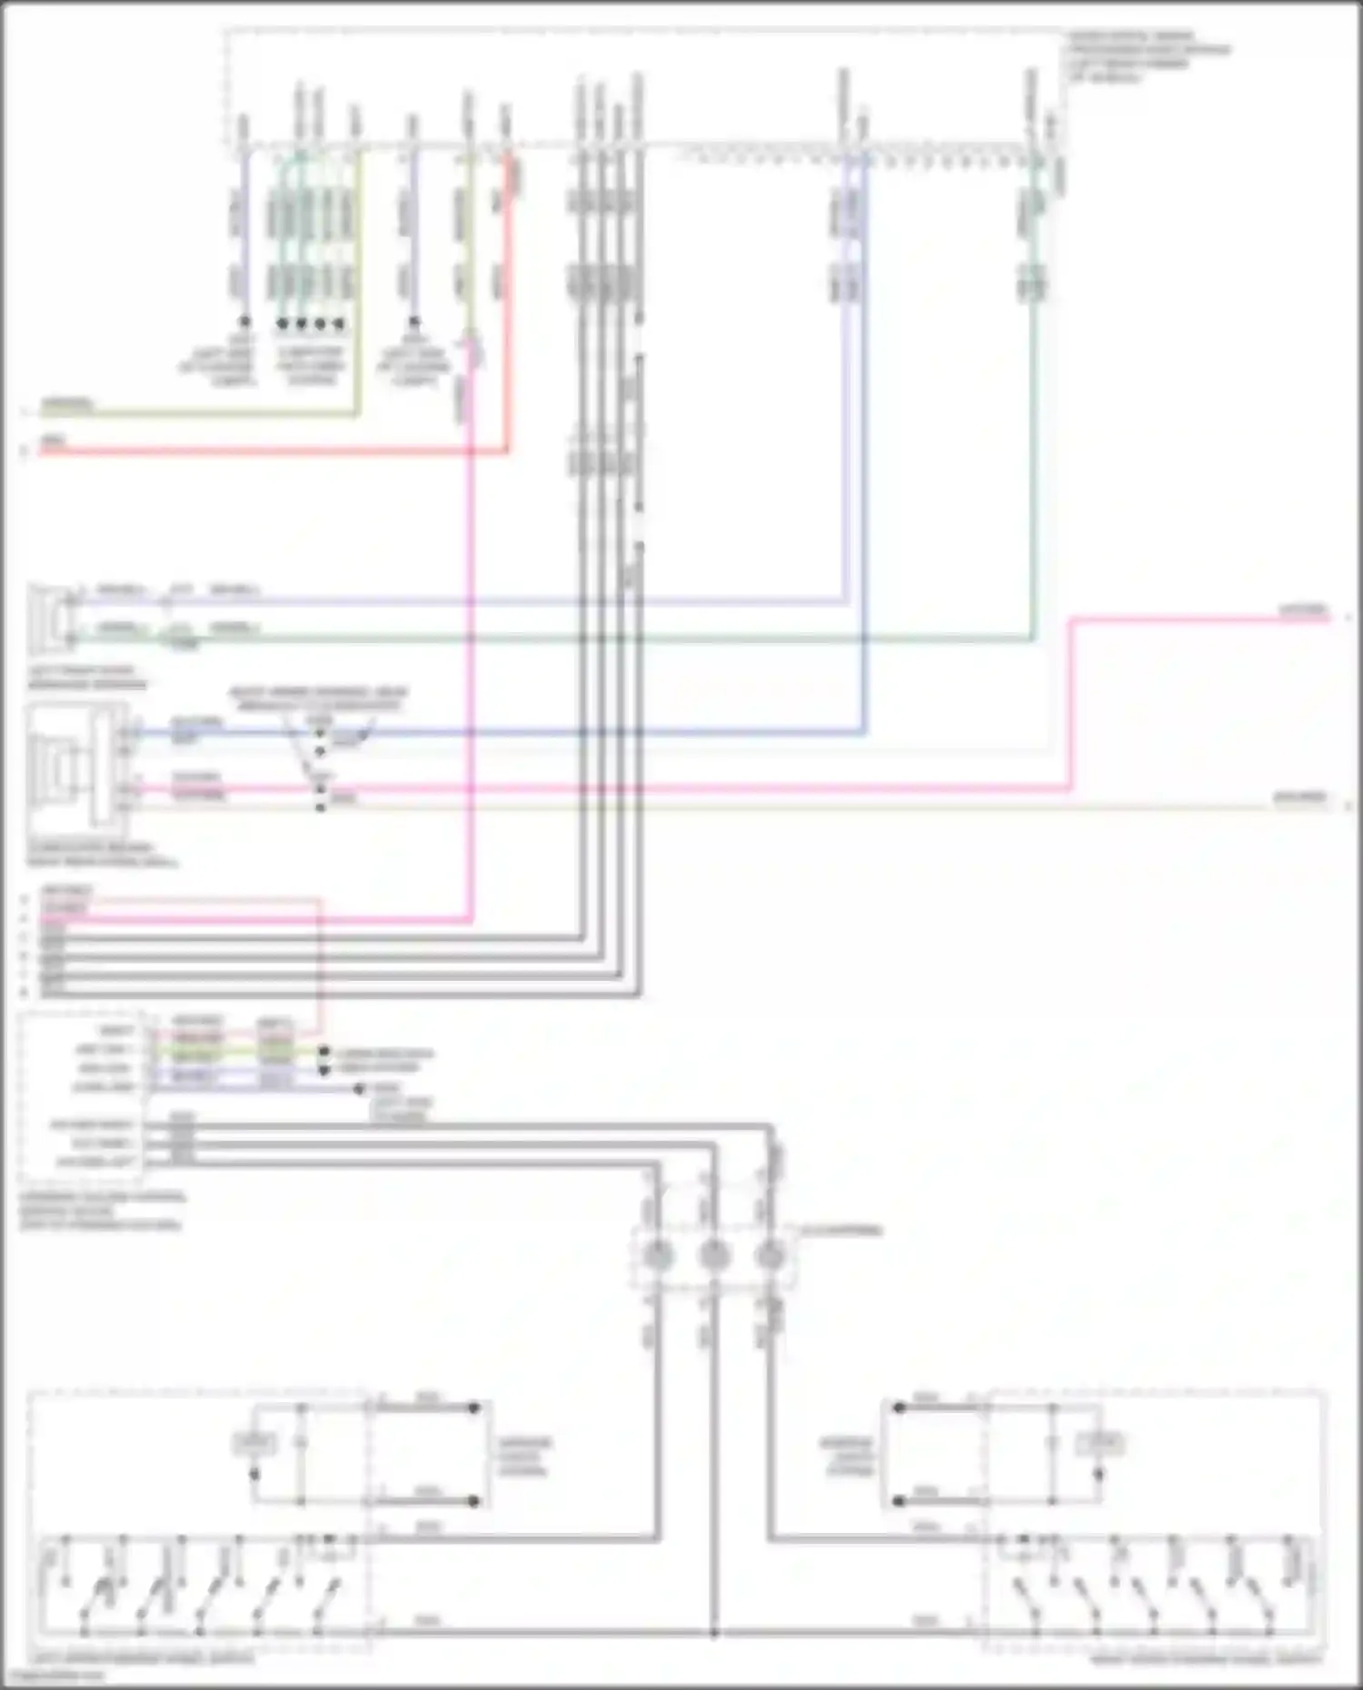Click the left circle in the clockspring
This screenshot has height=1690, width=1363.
(x=658, y=1256)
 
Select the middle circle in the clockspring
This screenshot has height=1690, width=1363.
(x=714, y=1256)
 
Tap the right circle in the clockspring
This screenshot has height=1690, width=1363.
(x=770, y=1256)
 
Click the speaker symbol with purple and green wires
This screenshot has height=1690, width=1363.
(x=51, y=619)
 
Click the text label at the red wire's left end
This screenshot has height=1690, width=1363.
(x=53, y=441)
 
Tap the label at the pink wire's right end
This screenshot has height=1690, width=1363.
(x=1303, y=610)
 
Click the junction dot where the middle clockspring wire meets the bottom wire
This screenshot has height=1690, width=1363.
(x=714, y=1632)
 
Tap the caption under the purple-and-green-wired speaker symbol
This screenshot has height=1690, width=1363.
(x=87, y=677)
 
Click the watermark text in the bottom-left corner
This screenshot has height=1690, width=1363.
(x=55, y=1676)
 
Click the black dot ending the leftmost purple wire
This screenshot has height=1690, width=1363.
(x=244, y=322)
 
